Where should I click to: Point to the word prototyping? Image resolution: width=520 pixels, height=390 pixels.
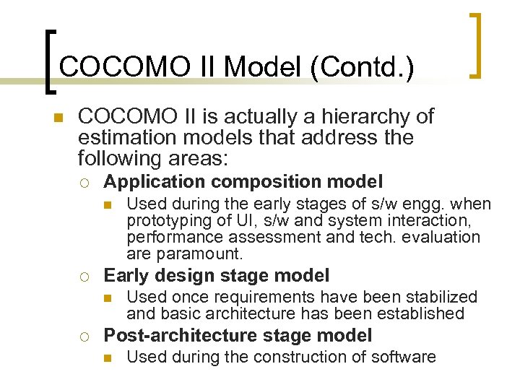click(165, 221)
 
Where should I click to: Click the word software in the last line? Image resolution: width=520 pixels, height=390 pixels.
click(405, 357)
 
